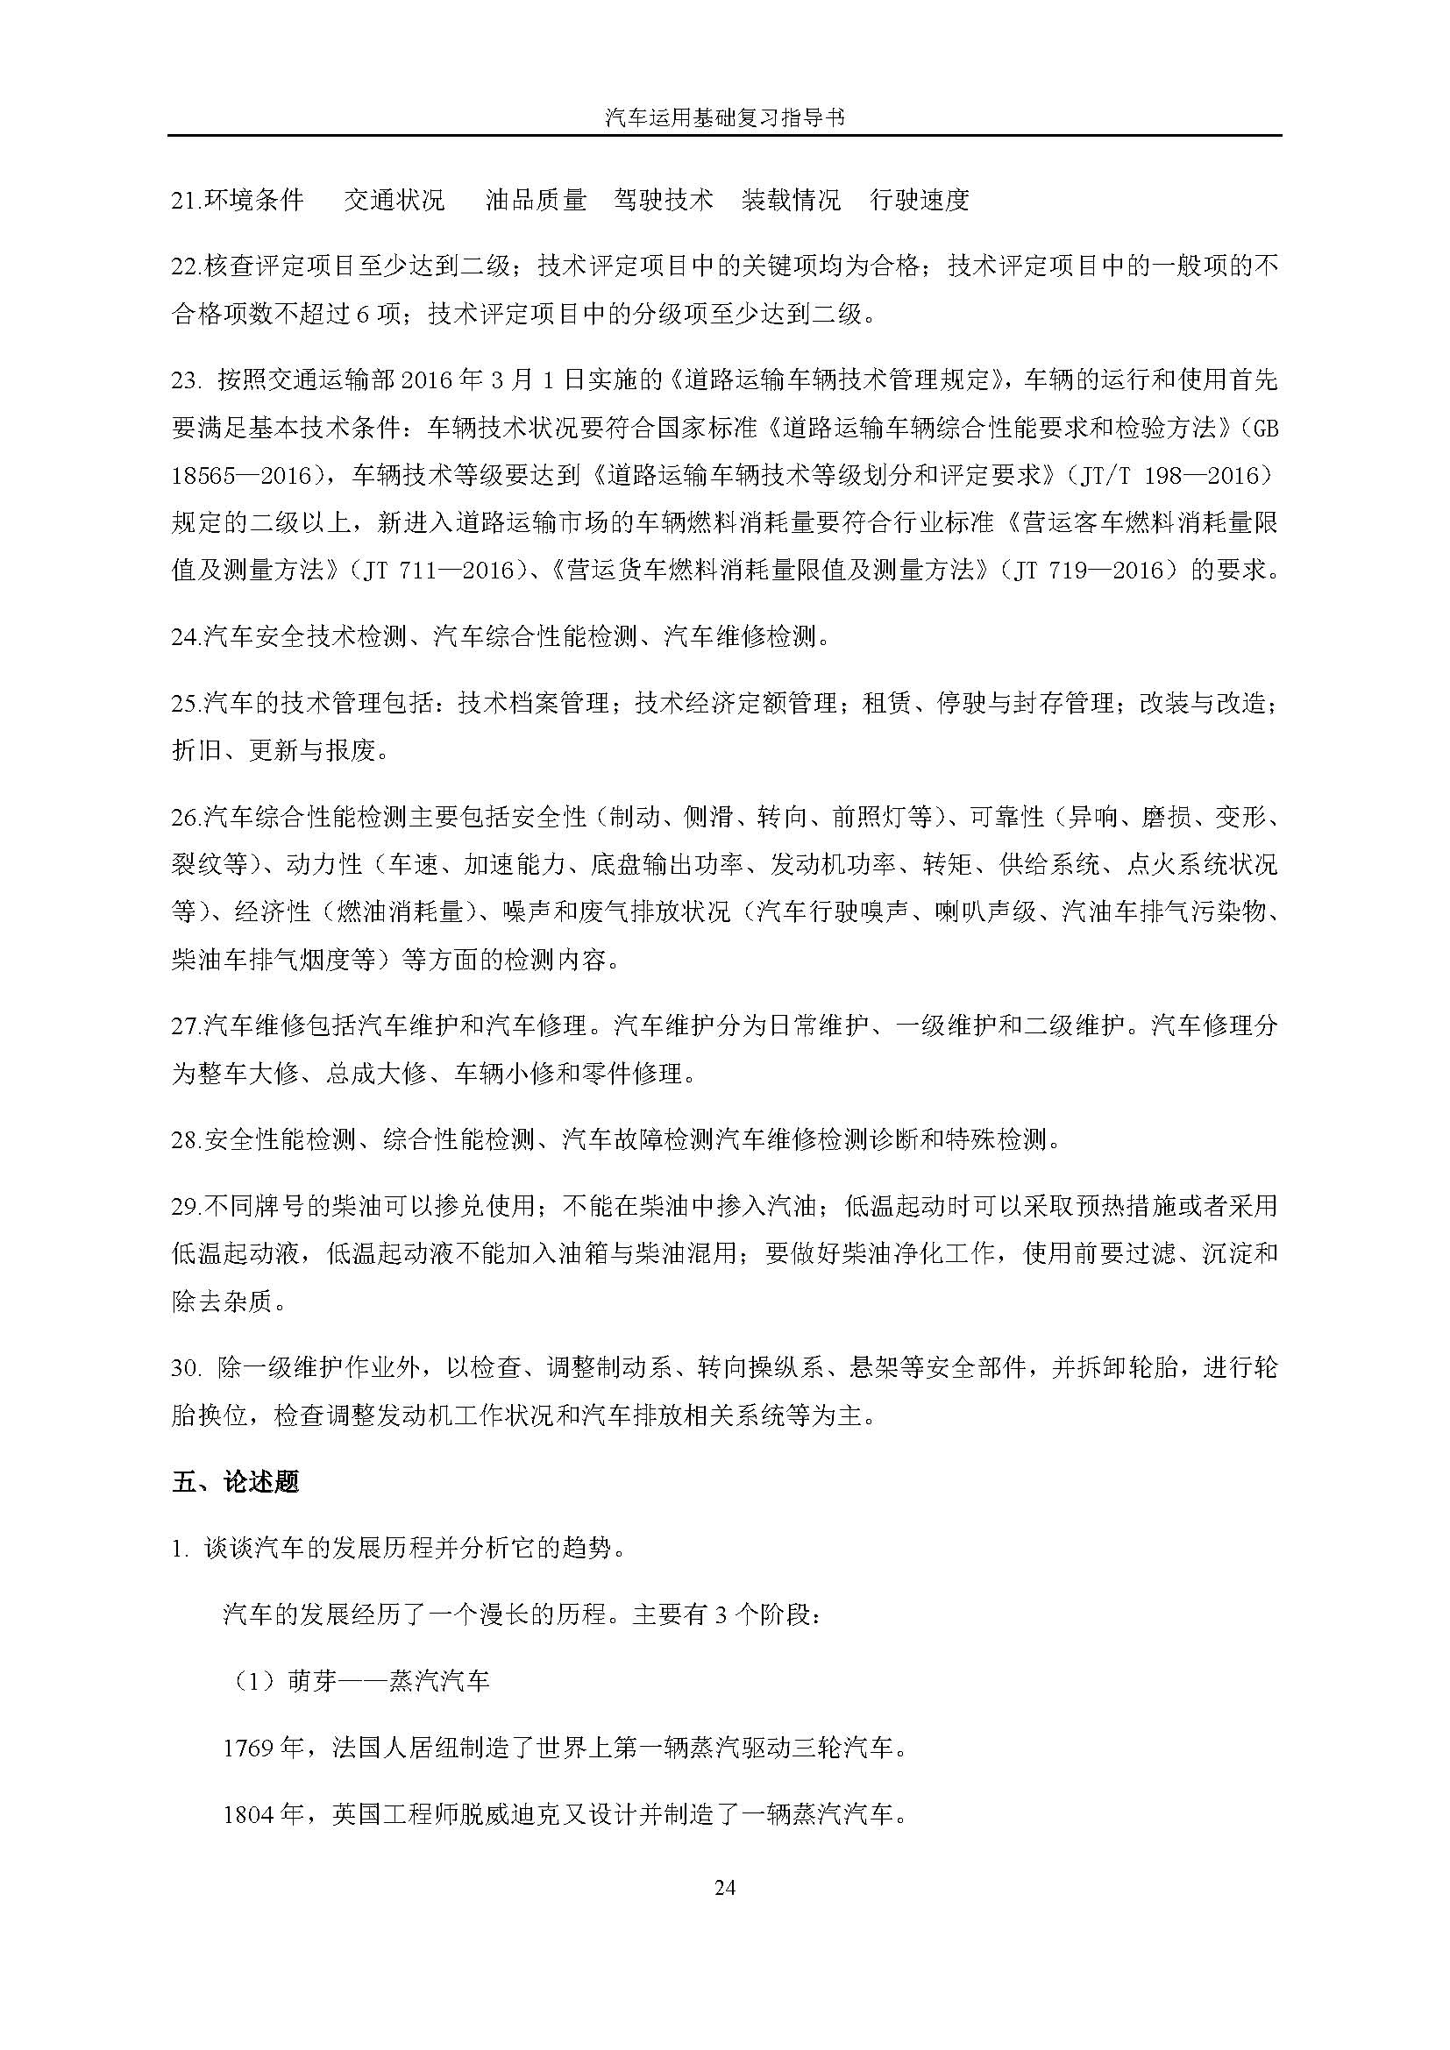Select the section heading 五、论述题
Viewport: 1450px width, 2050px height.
coord(236,1481)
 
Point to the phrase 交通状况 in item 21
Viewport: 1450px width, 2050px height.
coord(394,200)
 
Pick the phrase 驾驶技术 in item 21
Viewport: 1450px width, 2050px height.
coord(664,200)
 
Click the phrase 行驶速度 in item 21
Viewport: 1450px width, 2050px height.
coord(920,200)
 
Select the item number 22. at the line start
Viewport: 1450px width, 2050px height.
coord(187,266)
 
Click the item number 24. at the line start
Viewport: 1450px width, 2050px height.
coord(187,636)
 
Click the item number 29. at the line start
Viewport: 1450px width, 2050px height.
coord(187,1207)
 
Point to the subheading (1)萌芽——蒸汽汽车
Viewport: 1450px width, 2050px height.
coord(357,1681)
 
